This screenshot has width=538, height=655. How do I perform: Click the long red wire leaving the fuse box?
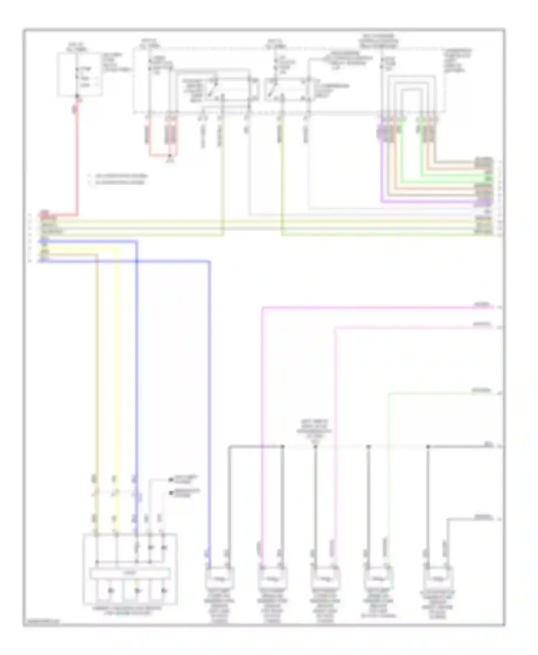pyautogui.click(x=76, y=161)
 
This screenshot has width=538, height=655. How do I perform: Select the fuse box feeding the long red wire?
pyautogui.click(x=80, y=75)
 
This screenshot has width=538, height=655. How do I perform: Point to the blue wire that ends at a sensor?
pyautogui.click(x=209, y=394)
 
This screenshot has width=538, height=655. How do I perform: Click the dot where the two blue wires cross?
pyautogui.click(x=137, y=261)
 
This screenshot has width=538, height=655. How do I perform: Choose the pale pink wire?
pyautogui.click(x=335, y=412)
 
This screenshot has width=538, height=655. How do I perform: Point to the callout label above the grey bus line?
pyautogui.click(x=315, y=427)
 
